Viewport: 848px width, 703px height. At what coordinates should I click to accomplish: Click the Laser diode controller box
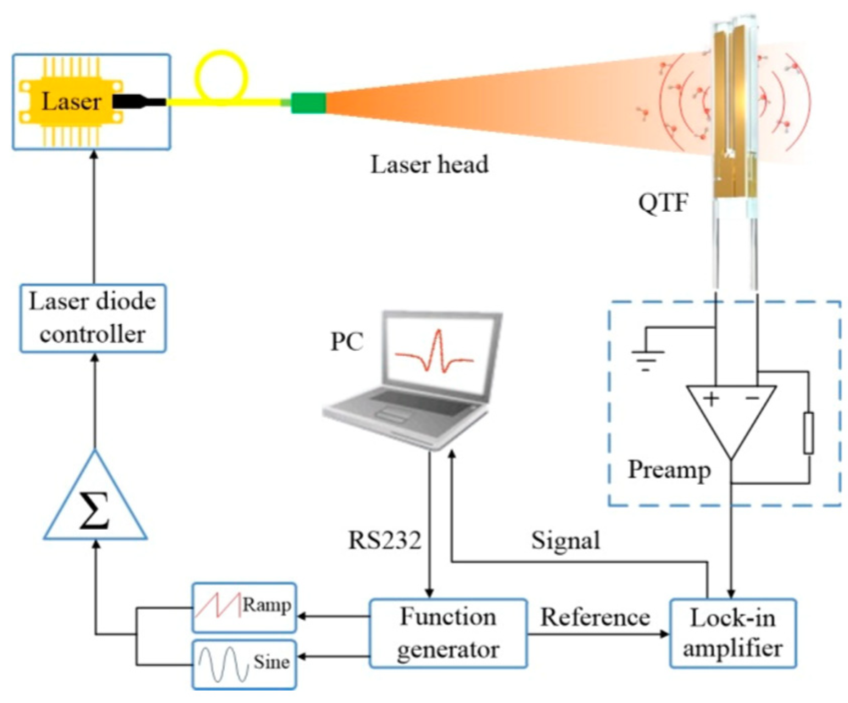click(x=93, y=318)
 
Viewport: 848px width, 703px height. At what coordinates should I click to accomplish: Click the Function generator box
click(x=448, y=633)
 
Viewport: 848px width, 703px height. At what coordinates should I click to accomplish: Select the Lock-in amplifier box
click(x=733, y=633)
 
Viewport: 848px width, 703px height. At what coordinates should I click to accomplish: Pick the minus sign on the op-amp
click(x=752, y=399)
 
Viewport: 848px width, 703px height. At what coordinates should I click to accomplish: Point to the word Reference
click(x=595, y=617)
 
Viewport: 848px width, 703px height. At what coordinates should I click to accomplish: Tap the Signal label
click(x=565, y=540)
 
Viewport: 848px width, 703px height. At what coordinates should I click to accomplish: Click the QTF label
click(x=663, y=203)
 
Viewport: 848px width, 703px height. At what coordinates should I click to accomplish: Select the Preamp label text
click(x=669, y=470)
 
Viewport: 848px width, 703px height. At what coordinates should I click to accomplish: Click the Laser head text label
click(x=429, y=165)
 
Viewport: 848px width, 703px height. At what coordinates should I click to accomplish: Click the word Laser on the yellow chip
click(x=71, y=101)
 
